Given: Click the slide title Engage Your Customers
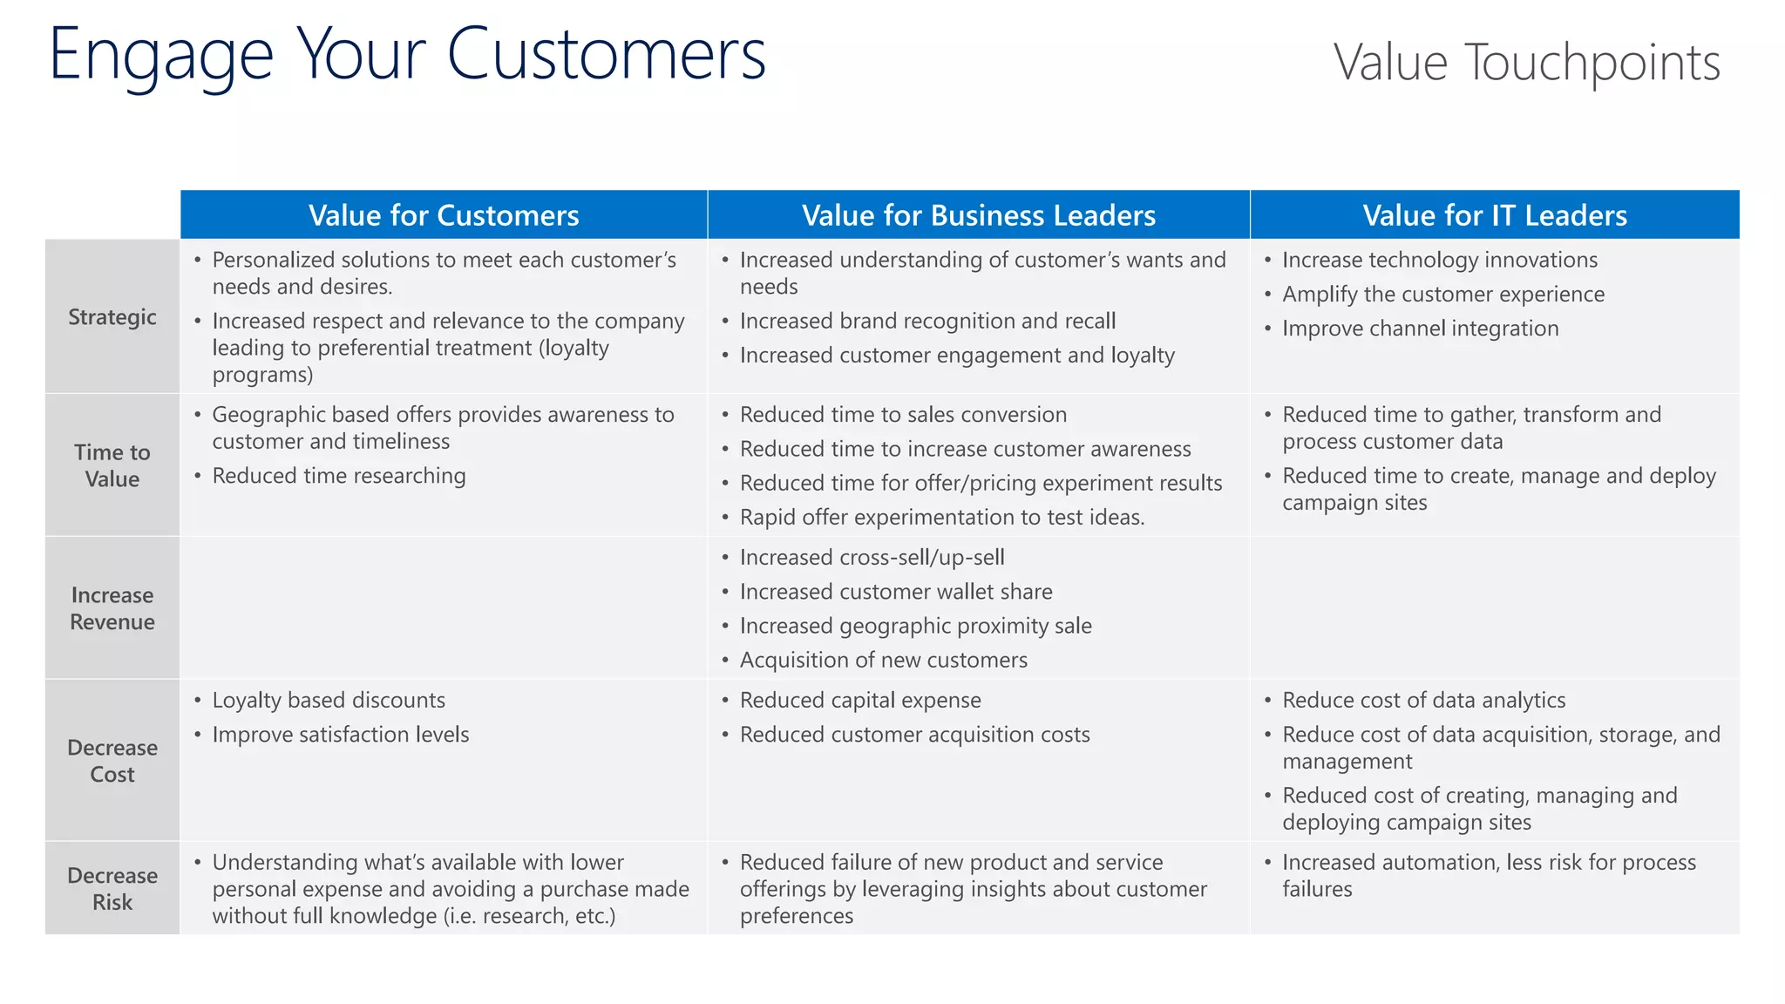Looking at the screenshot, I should point(407,55).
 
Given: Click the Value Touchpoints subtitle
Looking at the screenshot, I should point(1526,63).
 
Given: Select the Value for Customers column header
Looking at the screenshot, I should point(444,215).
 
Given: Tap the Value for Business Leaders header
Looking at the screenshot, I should point(978,215).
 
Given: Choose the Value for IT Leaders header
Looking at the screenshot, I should point(1494,215).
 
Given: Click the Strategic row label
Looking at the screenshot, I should point(112,317).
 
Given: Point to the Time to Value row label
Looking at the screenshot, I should point(112,465).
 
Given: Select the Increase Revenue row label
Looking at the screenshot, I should point(112,608).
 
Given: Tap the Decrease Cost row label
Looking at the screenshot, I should point(112,761).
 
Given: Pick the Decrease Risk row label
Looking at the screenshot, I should point(112,888).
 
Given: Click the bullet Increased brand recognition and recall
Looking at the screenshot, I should point(927,321).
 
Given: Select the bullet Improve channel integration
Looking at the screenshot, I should point(1420,329).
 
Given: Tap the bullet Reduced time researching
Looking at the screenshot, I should point(339,476).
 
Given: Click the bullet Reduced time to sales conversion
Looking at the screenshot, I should point(903,415).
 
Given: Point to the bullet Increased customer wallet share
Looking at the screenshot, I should point(896,592).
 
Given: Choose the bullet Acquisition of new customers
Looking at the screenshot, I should point(884,661).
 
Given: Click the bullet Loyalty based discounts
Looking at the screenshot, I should point(329,701).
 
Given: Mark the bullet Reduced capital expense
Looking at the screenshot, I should point(860,701).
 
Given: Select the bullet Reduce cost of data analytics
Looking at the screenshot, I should point(1423,701).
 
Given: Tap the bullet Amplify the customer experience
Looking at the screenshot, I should point(1442,295).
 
